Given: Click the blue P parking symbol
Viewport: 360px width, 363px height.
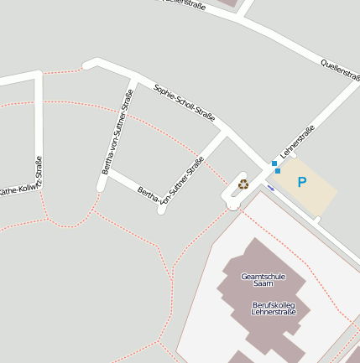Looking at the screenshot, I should (x=302, y=181).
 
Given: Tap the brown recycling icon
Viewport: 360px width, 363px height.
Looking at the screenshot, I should (x=243, y=184).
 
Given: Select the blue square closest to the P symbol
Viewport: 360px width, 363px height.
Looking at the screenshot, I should (x=278, y=170).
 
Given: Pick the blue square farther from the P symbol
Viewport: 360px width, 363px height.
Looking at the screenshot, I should (x=274, y=163).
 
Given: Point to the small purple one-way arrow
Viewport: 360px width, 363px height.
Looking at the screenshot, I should (x=270, y=188).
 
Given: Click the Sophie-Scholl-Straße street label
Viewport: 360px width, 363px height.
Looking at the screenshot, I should (x=185, y=103).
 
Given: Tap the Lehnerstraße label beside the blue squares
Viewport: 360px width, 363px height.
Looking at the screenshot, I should (x=298, y=142).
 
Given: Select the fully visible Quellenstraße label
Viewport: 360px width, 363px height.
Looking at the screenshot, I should (x=340, y=70).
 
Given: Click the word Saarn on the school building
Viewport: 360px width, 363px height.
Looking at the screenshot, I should (x=263, y=284).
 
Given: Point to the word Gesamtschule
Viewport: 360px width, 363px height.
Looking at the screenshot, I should (x=263, y=277).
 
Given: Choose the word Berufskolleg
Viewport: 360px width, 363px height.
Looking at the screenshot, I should (x=274, y=304).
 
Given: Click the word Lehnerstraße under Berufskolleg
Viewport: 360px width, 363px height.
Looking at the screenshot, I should (x=274, y=313).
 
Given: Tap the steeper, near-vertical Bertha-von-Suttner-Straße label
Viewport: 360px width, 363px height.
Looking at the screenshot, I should (x=118, y=132).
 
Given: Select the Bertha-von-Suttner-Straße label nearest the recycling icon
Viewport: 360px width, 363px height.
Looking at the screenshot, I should (x=171, y=184).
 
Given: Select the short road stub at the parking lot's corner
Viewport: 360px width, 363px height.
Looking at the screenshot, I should (x=316, y=220).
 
